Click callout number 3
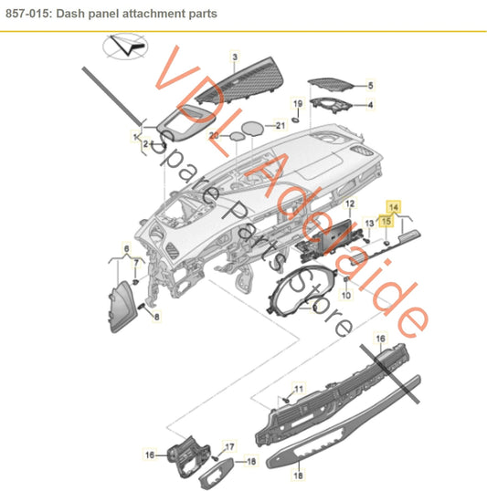pyautogui.click(x=235, y=57)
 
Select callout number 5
pyautogui.click(x=371, y=85)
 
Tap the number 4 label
pyautogui.click(x=371, y=105)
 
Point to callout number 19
pyautogui.click(x=298, y=103)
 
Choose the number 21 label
pyautogui.click(x=281, y=126)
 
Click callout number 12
pyautogui.click(x=350, y=204)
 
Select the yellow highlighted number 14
pyautogui.click(x=394, y=207)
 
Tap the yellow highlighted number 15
pyautogui.click(x=386, y=221)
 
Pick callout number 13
pyautogui.click(x=370, y=223)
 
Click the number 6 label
pyautogui.click(x=126, y=248)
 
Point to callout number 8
pyautogui.click(x=157, y=317)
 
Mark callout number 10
pyautogui.click(x=346, y=295)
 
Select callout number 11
pyautogui.click(x=299, y=389)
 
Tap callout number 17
pyautogui.click(x=229, y=446)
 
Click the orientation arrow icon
pyautogui.click(x=125, y=46)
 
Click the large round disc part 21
pyautogui.click(x=252, y=129)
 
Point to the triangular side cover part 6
pyautogui.click(x=122, y=308)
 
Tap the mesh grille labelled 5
pyautogui.click(x=331, y=85)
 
